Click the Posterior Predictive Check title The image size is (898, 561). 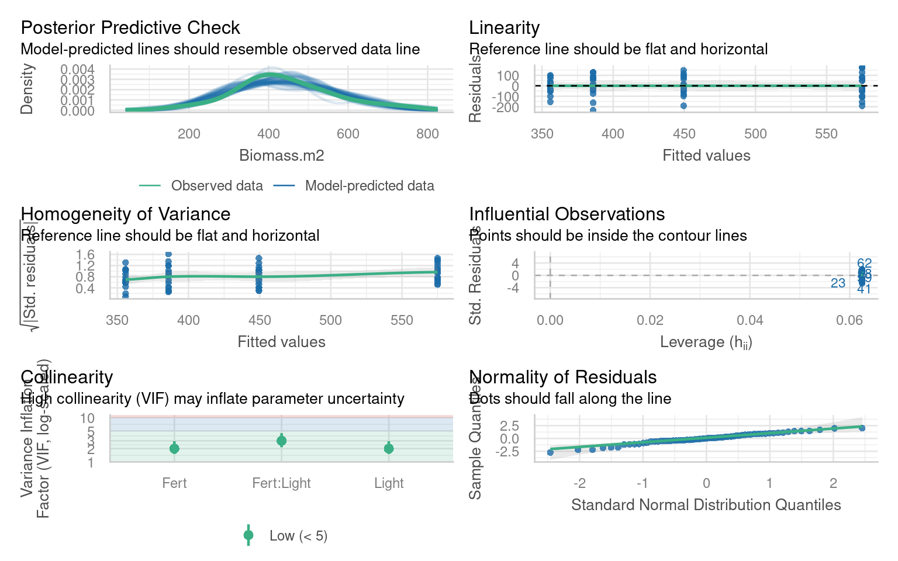(130, 27)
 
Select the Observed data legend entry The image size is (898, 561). (216, 186)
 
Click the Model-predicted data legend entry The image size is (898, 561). (369, 186)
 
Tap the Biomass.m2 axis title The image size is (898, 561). (281, 155)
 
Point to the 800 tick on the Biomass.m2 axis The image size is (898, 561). (427, 134)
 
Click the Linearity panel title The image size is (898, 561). (504, 27)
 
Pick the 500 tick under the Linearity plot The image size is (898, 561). (755, 134)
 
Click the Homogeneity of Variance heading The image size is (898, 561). (125, 214)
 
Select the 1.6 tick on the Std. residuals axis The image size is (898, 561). (85, 255)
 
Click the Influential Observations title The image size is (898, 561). (567, 214)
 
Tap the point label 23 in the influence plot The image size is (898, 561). (838, 283)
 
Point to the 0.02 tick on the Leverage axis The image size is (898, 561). (650, 320)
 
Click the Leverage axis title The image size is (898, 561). (706, 342)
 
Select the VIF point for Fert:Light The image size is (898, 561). (281, 441)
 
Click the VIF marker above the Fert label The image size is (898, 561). (174, 448)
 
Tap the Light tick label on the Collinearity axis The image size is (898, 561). (389, 483)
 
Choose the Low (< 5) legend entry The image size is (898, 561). (298, 536)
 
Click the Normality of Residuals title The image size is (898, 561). (562, 377)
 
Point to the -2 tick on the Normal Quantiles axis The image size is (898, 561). (579, 483)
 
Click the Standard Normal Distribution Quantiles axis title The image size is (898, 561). (706, 505)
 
